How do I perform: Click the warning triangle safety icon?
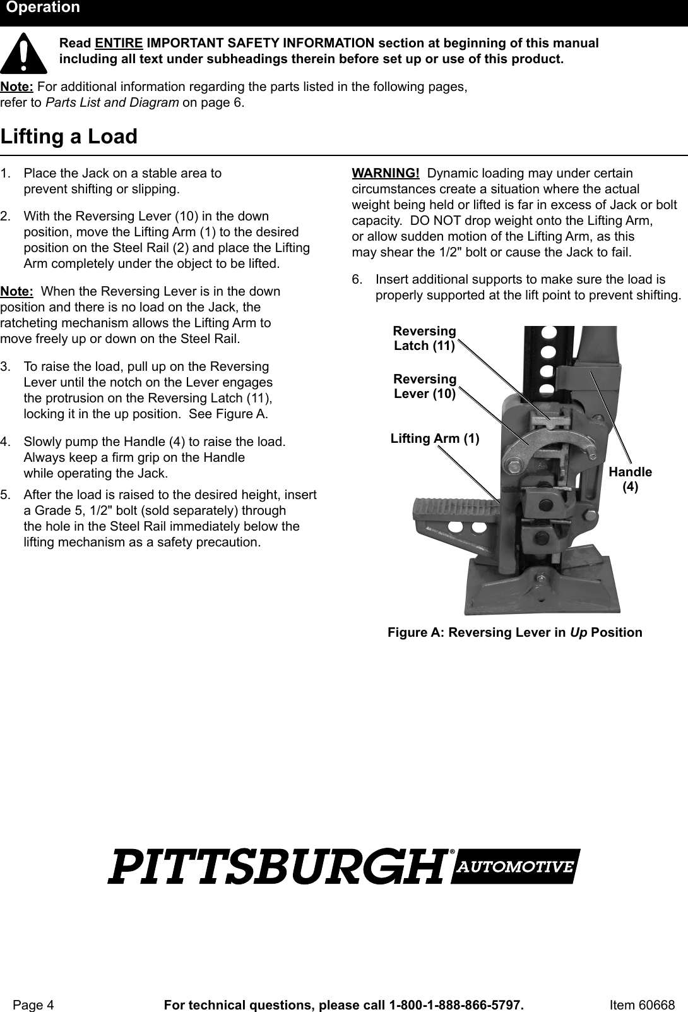click(x=23, y=53)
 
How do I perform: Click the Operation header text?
click(x=43, y=8)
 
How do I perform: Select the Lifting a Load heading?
click(x=69, y=136)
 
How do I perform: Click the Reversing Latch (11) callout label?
click(x=424, y=339)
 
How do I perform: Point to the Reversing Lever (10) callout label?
click(x=425, y=386)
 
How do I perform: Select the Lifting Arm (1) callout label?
click(x=435, y=438)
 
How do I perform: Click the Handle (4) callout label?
click(x=630, y=479)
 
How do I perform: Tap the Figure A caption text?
click(x=514, y=632)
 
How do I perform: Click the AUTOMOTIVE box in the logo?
click(x=516, y=866)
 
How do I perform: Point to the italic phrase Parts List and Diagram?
click(x=112, y=102)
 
